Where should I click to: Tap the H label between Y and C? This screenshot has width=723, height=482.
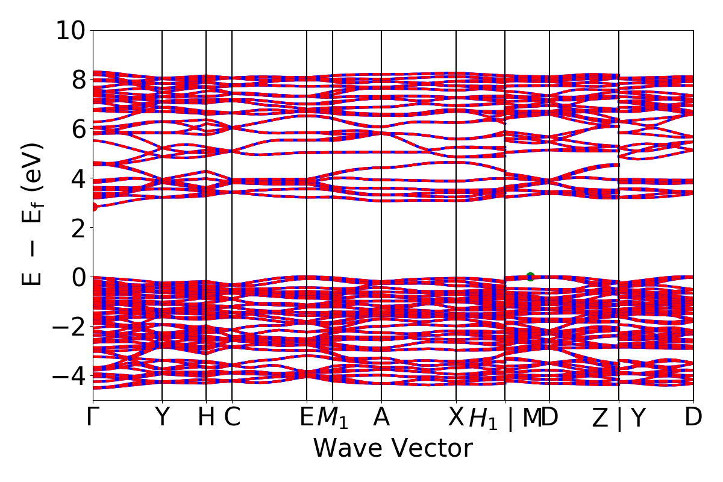pyautogui.click(x=206, y=418)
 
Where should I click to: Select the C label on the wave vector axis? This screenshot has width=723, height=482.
pyautogui.click(x=233, y=418)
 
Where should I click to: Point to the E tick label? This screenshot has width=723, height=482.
pyautogui.click(x=307, y=418)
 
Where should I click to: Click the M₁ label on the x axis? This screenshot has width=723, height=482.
pyautogui.click(x=333, y=419)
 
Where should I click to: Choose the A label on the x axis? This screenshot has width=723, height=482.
pyautogui.click(x=381, y=418)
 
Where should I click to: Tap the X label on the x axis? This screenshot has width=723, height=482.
pyautogui.click(x=456, y=418)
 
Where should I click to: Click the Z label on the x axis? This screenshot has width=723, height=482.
pyautogui.click(x=600, y=419)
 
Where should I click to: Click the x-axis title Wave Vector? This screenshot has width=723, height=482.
pyautogui.click(x=393, y=449)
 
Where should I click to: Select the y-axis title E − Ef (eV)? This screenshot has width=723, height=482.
pyautogui.click(x=33, y=214)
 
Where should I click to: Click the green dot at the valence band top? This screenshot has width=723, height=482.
pyautogui.click(x=530, y=277)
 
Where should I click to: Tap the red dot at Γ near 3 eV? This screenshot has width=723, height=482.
pyautogui.click(x=93, y=207)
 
